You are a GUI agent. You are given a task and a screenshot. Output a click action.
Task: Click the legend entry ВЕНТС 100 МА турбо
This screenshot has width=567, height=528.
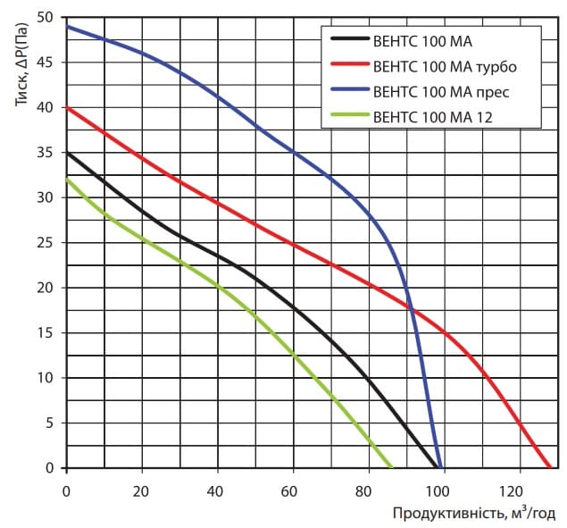click(x=443, y=65)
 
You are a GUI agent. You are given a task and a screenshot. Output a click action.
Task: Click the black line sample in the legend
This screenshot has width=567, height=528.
click(x=347, y=40)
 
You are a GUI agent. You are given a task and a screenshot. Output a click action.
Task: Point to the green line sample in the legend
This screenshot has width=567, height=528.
click(x=347, y=115)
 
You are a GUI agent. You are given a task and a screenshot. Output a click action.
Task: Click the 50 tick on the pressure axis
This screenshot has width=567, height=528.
click(x=46, y=18)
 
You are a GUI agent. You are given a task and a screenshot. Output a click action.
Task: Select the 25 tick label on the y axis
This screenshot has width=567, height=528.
click(x=46, y=243)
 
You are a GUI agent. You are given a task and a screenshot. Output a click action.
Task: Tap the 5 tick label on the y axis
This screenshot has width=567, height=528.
click(x=50, y=423)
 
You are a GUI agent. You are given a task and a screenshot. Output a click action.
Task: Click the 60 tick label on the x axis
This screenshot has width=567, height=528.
click(x=288, y=490)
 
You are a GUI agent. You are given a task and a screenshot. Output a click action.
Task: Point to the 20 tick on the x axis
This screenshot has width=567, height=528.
click(x=140, y=490)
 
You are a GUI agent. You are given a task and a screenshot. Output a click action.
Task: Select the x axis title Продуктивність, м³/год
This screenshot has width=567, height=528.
click(x=473, y=513)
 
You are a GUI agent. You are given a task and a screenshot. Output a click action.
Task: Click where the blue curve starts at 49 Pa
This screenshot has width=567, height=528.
click(x=67, y=27)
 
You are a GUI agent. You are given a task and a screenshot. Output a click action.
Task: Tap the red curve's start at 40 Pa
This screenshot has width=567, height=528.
click(x=67, y=108)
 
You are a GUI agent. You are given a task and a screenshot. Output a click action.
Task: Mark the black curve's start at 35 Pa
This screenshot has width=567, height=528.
click(x=67, y=153)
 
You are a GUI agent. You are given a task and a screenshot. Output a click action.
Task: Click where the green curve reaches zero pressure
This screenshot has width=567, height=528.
click(x=390, y=467)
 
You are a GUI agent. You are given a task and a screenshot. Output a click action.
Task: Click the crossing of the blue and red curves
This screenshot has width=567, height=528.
click(x=411, y=308)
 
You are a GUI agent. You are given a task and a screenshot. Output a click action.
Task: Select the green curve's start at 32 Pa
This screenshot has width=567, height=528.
click(x=67, y=180)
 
